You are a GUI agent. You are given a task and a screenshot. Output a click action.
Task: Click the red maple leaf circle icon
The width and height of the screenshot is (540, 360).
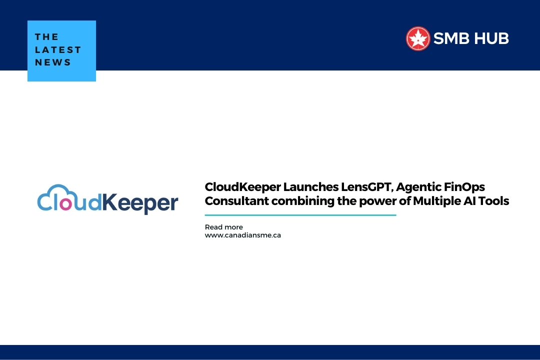tap(418, 38)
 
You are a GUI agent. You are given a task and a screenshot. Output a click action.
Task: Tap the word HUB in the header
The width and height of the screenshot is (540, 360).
tap(492, 38)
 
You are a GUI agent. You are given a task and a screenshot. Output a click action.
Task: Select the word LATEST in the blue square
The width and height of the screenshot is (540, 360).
tap(58, 50)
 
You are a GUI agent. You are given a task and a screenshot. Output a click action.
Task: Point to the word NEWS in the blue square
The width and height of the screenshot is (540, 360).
tap(53, 62)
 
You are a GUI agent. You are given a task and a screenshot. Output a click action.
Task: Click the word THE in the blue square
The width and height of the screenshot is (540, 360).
tap(47, 37)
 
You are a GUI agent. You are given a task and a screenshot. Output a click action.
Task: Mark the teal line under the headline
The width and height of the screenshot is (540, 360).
tap(300, 215)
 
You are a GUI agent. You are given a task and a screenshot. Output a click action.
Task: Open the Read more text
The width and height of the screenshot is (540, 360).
tap(223, 227)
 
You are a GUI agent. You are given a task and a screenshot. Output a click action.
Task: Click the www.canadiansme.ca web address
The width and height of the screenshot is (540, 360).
tap(242, 235)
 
